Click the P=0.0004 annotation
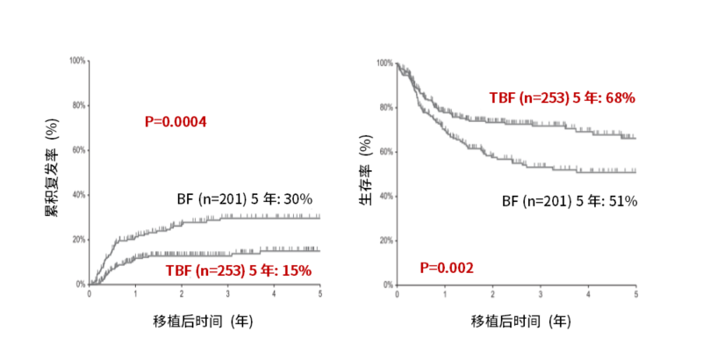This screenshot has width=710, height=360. click(x=176, y=122)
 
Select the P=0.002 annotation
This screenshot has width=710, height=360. click(x=448, y=267)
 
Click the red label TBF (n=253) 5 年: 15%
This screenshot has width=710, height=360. click(x=239, y=270)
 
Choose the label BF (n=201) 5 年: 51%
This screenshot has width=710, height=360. click(x=570, y=201)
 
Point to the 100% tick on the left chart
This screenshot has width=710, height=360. click(x=77, y=61)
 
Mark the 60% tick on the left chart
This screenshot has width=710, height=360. click(x=79, y=150)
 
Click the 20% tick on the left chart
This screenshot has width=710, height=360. click(x=79, y=240)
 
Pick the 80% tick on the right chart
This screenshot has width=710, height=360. click(x=384, y=107)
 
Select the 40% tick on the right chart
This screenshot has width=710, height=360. click(x=384, y=196)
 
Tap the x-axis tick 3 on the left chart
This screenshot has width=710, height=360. click(x=227, y=294)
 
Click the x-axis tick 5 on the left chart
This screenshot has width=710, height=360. click(x=319, y=294)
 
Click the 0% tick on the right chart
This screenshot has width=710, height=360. click(x=385, y=284)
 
